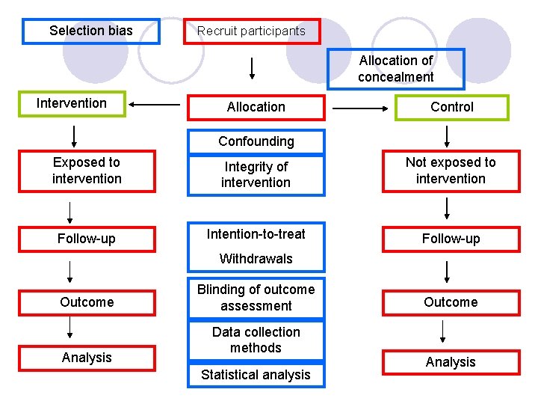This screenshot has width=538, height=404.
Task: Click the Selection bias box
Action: (91, 31)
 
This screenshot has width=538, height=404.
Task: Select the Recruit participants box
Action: (252, 31)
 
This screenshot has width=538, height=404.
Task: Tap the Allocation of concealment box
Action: (395, 69)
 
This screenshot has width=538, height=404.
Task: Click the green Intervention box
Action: (72, 103)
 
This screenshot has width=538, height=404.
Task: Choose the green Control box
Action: (452, 107)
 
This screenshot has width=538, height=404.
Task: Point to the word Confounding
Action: (256, 141)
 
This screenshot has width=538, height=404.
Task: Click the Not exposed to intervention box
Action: (451, 171)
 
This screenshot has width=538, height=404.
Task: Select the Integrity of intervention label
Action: (256, 174)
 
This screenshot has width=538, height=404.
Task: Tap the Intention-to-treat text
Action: (256, 234)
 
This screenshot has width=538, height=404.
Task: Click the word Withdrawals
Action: (256, 259)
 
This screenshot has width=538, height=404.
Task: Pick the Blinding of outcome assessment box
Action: (256, 298)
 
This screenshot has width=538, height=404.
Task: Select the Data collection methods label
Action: (256, 340)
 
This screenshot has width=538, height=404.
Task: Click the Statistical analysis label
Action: (256, 375)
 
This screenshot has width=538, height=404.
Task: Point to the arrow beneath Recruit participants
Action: (252, 68)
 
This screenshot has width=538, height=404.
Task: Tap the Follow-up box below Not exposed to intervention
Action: (451, 239)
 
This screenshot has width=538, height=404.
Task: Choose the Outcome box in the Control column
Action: (451, 302)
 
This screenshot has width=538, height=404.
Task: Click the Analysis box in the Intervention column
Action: (87, 358)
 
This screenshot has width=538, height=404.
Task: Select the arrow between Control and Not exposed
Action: (447, 135)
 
